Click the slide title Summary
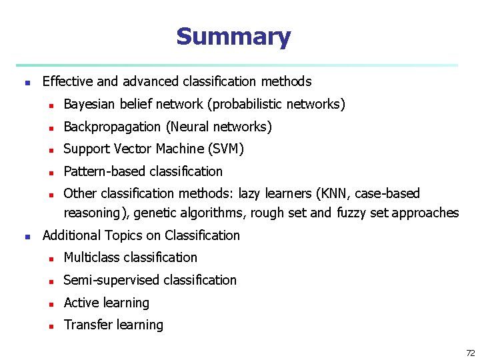pyautogui.click(x=233, y=37)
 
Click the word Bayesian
pyautogui.click(x=89, y=104)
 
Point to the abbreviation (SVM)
pyautogui.click(x=227, y=149)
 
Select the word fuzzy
pyautogui.click(x=351, y=213)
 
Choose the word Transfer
pyautogui.click(x=85, y=325)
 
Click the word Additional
pyautogui.click(x=69, y=235)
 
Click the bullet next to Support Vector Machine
pyautogui.click(x=49, y=150)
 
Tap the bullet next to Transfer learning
pyautogui.click(x=49, y=326)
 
